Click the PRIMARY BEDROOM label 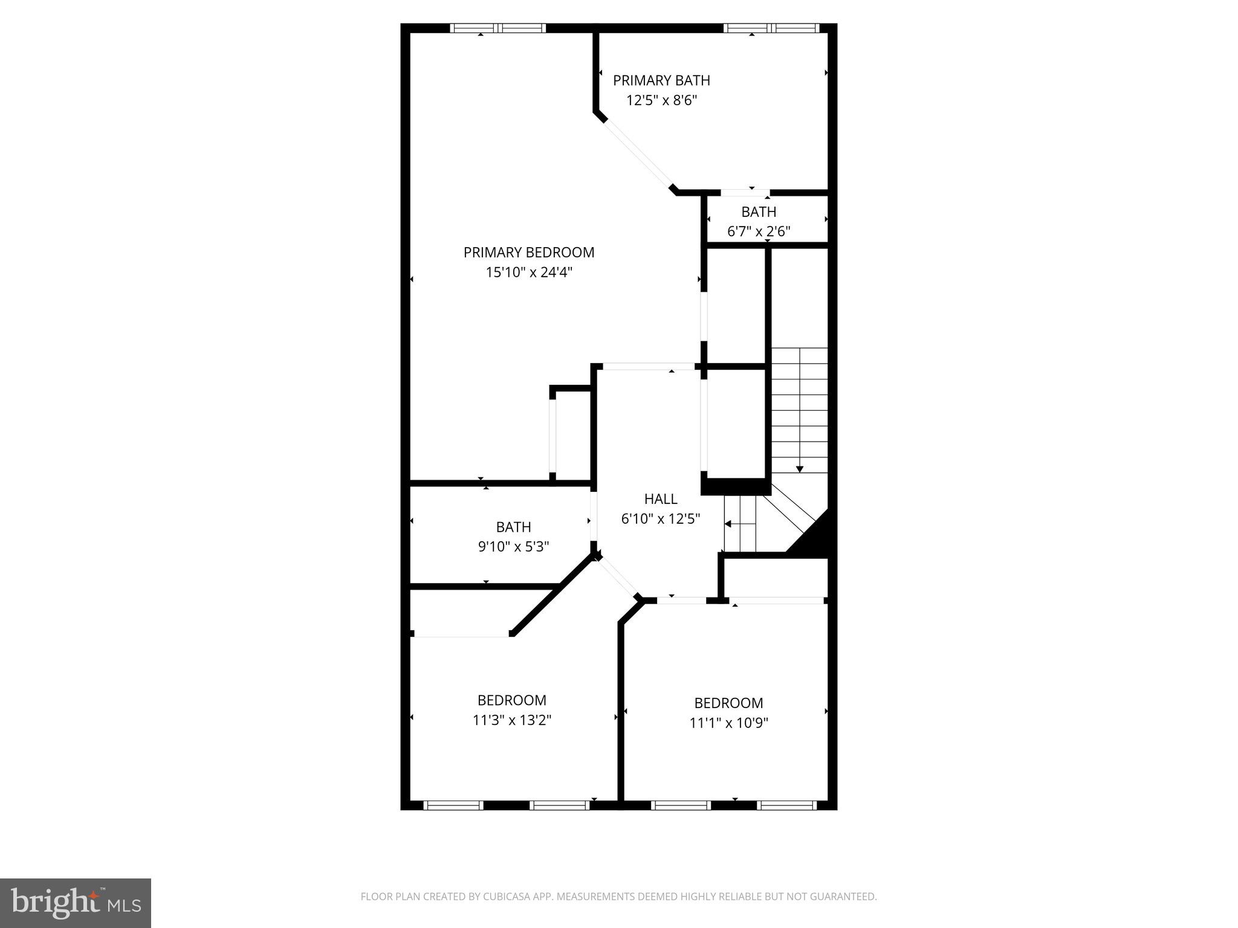pyautogui.click(x=529, y=253)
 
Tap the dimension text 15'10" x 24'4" pyautogui.click(x=529, y=272)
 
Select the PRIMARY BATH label pyautogui.click(x=661, y=80)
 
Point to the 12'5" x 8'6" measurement pyautogui.click(x=661, y=100)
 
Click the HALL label pyautogui.click(x=661, y=499)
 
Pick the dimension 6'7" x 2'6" pyautogui.click(x=759, y=231)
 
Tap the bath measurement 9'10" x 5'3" pyautogui.click(x=513, y=547)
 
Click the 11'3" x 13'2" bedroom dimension pyautogui.click(x=512, y=720)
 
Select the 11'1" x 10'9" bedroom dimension pyautogui.click(x=728, y=723)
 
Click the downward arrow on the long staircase pyautogui.click(x=800, y=468)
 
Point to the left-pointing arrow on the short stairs pyautogui.click(x=729, y=524)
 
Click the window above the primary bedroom pyautogui.click(x=498, y=28)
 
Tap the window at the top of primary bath pyautogui.click(x=771, y=28)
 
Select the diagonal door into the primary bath pyautogui.click(x=638, y=155)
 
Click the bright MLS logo pyautogui.click(x=76, y=903)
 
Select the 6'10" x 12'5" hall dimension pyautogui.click(x=661, y=519)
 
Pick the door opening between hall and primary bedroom pyautogui.click(x=649, y=366)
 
